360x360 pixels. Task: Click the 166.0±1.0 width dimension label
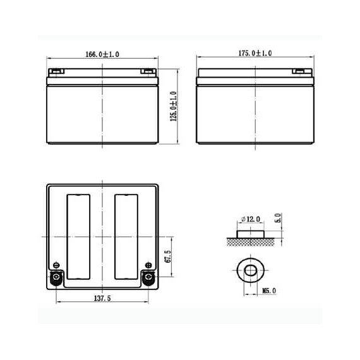(x=102, y=54)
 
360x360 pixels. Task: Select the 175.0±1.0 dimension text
(x=255, y=53)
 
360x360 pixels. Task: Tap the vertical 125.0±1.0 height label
(x=174, y=106)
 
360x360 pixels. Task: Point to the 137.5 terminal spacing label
(x=102, y=298)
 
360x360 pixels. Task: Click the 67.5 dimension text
(x=168, y=256)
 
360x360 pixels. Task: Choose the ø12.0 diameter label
(x=251, y=219)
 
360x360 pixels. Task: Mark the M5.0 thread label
(x=269, y=291)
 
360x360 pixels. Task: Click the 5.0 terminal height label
(x=278, y=218)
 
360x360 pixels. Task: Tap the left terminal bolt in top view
(x=56, y=277)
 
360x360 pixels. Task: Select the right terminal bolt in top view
(x=148, y=277)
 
